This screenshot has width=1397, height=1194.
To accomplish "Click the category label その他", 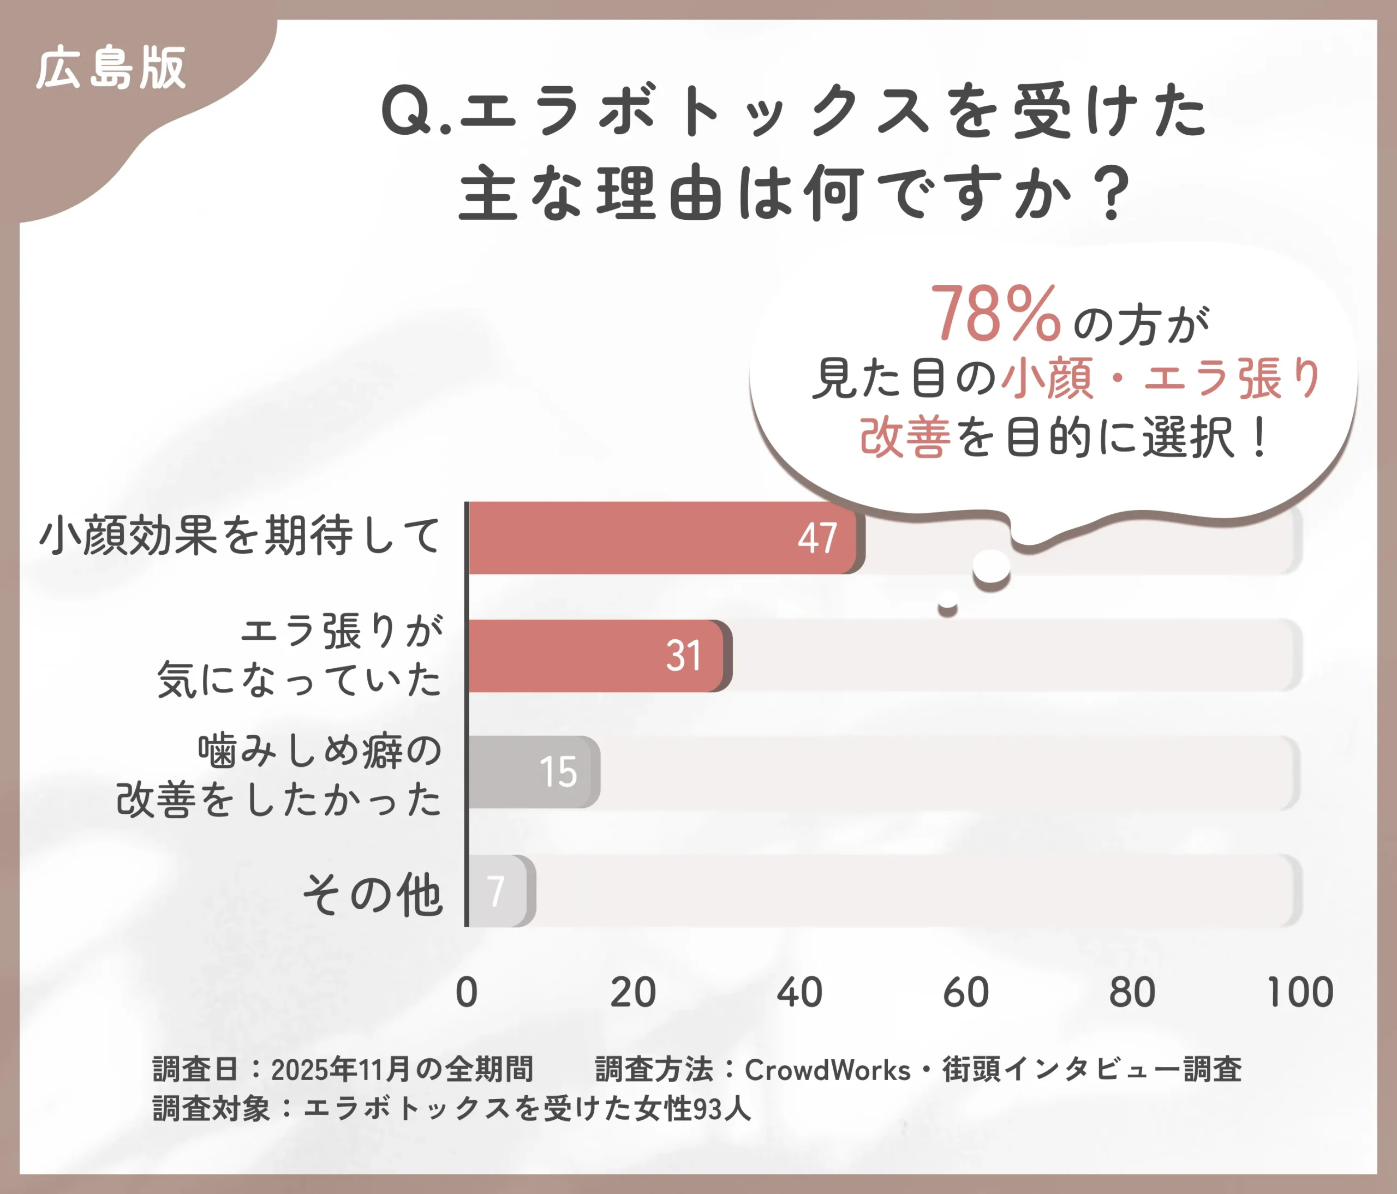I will (x=372, y=896).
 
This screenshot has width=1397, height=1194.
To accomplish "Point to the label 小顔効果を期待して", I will (x=240, y=536).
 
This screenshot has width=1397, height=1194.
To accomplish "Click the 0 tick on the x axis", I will (x=467, y=993).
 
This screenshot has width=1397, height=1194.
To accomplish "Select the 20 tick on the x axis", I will (x=632, y=993).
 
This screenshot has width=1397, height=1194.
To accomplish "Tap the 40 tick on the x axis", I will (x=799, y=993).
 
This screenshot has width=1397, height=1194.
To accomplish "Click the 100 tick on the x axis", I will (x=1300, y=993).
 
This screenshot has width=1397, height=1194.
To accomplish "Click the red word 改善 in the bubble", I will (x=905, y=437).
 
